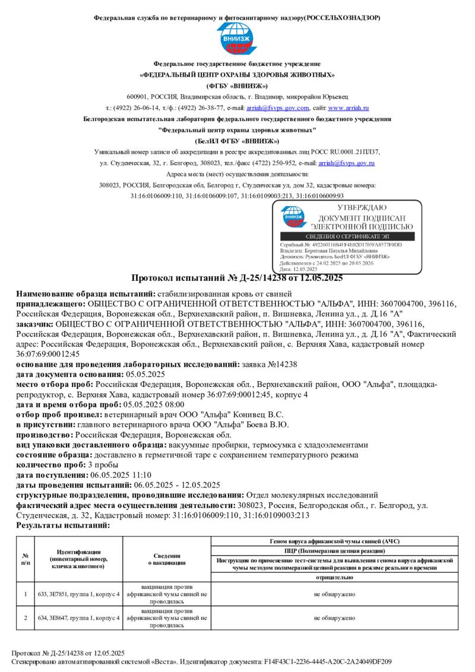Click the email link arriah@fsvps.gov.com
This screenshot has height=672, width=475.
click(x=278, y=108)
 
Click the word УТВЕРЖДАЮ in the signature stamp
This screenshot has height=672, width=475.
click(x=362, y=208)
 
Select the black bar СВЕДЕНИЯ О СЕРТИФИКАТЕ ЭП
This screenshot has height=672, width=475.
click(x=347, y=236)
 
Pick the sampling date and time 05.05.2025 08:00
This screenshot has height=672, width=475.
click(x=130, y=405)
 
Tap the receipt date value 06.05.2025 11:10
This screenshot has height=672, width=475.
click(x=121, y=475)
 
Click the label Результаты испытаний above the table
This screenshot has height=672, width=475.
click(x=63, y=525)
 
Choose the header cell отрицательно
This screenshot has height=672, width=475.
click(x=335, y=577)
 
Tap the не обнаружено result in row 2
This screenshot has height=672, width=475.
click(x=335, y=618)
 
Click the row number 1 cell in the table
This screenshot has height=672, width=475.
click(x=26, y=594)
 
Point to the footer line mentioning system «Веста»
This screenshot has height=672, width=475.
click(x=202, y=661)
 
